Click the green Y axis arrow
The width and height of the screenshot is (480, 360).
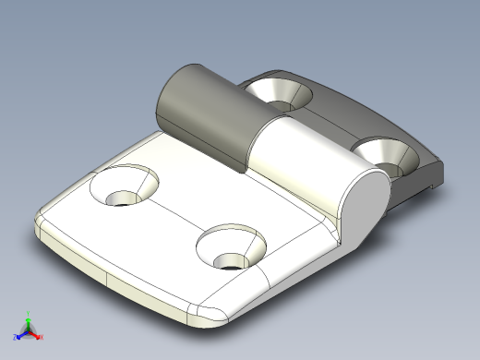pos(29,318)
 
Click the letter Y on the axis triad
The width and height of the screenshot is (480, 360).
pos(29,312)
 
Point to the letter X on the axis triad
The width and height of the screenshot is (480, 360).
pos(42,337)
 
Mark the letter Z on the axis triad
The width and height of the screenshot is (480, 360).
pos(15,338)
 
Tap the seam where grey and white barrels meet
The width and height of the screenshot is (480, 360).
pos(248,148)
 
